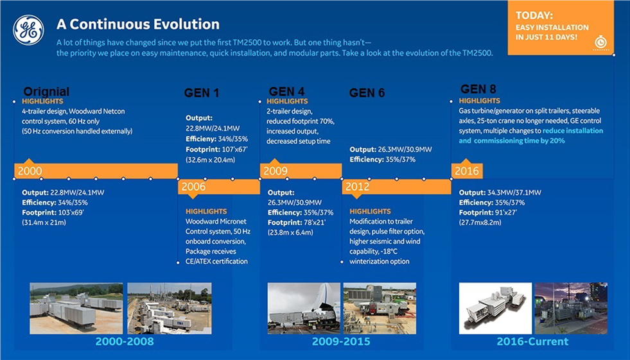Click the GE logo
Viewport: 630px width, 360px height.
pyautogui.click(x=28, y=30)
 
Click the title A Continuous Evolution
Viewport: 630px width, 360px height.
pyautogui.click(x=138, y=24)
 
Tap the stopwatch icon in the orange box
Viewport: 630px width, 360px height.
pyautogui.click(x=600, y=42)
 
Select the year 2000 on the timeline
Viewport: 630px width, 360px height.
pyautogui.click(x=30, y=171)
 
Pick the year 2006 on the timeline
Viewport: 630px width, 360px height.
pyautogui.click(x=193, y=187)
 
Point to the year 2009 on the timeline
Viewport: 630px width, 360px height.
pyautogui.click(x=276, y=171)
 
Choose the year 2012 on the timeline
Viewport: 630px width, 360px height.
pyautogui.click(x=357, y=187)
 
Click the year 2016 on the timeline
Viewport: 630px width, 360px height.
pyautogui.click(x=466, y=171)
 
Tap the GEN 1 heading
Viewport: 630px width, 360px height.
pyautogui.click(x=202, y=93)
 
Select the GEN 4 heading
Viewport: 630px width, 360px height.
pyautogui.click(x=286, y=92)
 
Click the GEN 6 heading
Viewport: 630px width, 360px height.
pyautogui.click(x=367, y=93)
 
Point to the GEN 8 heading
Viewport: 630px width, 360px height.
pyautogui.click(x=478, y=89)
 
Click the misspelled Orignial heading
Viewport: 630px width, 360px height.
pyautogui.click(x=46, y=92)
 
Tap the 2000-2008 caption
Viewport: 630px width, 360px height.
pyautogui.click(x=125, y=341)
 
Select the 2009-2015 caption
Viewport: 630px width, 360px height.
pyautogui.click(x=341, y=341)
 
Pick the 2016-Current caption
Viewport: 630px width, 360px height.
pyautogui.click(x=532, y=341)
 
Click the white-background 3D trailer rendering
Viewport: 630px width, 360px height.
pyautogui.click(x=495, y=308)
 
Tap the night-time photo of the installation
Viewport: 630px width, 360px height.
pyautogui.click(x=571, y=308)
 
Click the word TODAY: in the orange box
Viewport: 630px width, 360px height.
pyautogui.click(x=534, y=15)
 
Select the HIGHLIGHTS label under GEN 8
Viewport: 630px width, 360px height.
pyautogui.click(x=479, y=101)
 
